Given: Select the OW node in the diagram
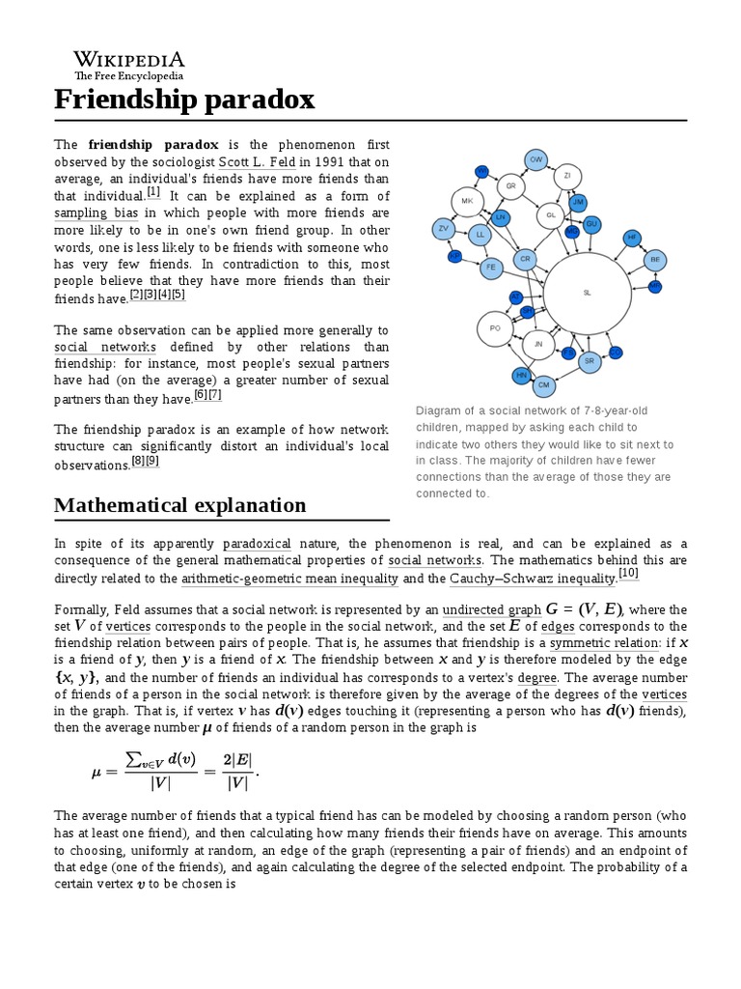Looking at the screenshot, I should coord(537,159).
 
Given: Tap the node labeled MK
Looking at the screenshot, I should coord(467,202).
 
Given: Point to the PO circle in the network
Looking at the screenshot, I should coord(495,329).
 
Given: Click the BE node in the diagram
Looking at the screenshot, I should coord(655,260).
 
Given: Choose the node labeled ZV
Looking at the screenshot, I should coord(444,229).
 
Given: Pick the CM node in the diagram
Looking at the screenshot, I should coord(544,385).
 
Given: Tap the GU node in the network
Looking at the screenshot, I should coord(592,224).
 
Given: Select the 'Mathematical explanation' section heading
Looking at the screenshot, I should coord(180,505).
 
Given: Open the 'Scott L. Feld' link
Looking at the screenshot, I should coord(258,161).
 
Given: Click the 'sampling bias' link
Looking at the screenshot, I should coord(96,212).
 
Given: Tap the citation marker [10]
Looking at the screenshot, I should coord(629,575).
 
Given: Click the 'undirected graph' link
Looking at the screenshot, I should coord(492,609).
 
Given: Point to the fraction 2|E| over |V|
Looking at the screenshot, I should coord(238,769).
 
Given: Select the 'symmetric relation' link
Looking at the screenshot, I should coord(598,643).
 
